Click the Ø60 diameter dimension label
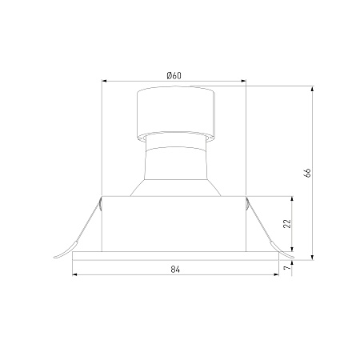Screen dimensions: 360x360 tap(174, 76)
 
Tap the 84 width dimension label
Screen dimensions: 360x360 tap(175, 270)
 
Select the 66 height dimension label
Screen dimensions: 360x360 tap(307, 173)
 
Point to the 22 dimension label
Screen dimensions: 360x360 tap(287, 224)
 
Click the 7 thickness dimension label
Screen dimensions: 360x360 tap(287, 267)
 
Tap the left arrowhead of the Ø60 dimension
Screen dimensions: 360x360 tap(105, 81)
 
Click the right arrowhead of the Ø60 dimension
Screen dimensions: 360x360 tap(243, 81)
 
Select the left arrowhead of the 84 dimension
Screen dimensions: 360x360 tap(75, 274)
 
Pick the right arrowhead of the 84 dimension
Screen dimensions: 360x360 tap(276, 274)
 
